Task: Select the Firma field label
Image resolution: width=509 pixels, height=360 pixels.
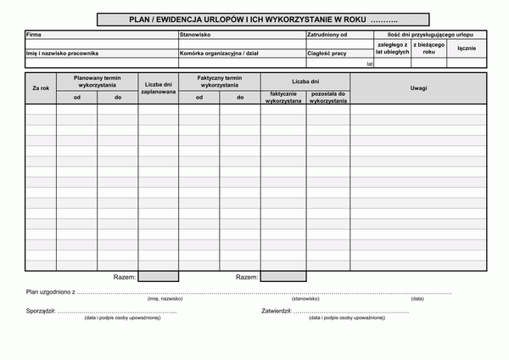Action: coord(34,35)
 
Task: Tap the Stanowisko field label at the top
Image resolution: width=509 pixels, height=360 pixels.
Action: coord(195,35)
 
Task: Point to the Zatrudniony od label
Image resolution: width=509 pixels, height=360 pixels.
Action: coord(327,35)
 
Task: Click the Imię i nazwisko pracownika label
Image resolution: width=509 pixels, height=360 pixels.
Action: coord(63,53)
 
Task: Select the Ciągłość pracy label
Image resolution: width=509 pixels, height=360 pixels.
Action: coord(327,53)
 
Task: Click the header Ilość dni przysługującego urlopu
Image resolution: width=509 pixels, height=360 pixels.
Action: coord(431,35)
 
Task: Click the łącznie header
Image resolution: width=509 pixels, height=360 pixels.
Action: coord(466,48)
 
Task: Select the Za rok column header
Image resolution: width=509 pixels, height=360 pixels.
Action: coord(41,88)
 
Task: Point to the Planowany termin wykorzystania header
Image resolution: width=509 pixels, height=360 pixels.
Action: coord(98,82)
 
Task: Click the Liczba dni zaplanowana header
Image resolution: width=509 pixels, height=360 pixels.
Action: coord(159,88)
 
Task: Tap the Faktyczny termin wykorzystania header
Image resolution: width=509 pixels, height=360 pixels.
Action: coord(220,82)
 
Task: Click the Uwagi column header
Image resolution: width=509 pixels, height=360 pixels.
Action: coord(418,88)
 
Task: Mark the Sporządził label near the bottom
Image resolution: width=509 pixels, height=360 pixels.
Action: coord(41,311)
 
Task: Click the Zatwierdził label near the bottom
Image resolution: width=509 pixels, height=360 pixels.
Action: coord(277,311)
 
